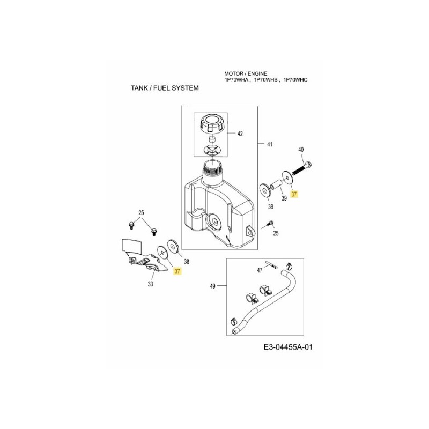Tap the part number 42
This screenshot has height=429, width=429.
coord(240,134)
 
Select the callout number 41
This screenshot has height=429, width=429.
coord(270,144)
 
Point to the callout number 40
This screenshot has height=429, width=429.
coord(300,149)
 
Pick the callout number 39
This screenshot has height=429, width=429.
coord(284,198)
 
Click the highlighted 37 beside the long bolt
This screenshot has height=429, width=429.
coord(294,195)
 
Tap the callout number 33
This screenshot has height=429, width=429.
coord(151,284)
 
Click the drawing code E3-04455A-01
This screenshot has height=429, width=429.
coord(287,347)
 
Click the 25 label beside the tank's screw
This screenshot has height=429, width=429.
coord(276,233)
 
